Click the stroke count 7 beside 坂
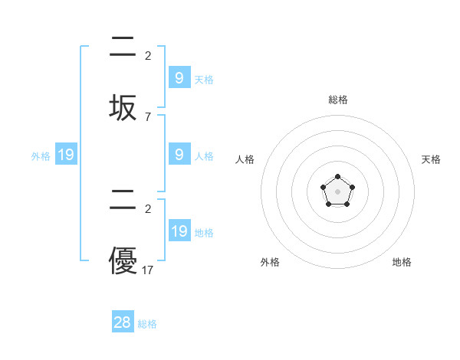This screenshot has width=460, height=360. point(148,116)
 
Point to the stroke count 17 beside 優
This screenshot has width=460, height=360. point(148,270)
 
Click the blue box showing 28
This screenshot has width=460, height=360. point(123,322)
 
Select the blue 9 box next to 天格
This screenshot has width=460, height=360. point(179,77)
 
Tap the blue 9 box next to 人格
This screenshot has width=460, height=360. point(179,154)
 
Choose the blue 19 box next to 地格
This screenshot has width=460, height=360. point(179,231)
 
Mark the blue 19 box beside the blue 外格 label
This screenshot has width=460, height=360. point(66,155)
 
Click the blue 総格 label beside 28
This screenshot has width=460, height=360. point(147,324)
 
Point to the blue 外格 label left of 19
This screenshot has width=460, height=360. point(41,156)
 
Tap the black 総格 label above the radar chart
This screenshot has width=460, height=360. point(337,100)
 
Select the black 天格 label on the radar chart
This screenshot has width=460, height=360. point(432,159)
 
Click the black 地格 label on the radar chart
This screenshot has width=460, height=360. point(402,262)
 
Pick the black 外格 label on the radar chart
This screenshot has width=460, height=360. point(270,262)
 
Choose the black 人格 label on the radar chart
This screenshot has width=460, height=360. point(245,159)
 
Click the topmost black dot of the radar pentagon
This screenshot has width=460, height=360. point(337,177)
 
